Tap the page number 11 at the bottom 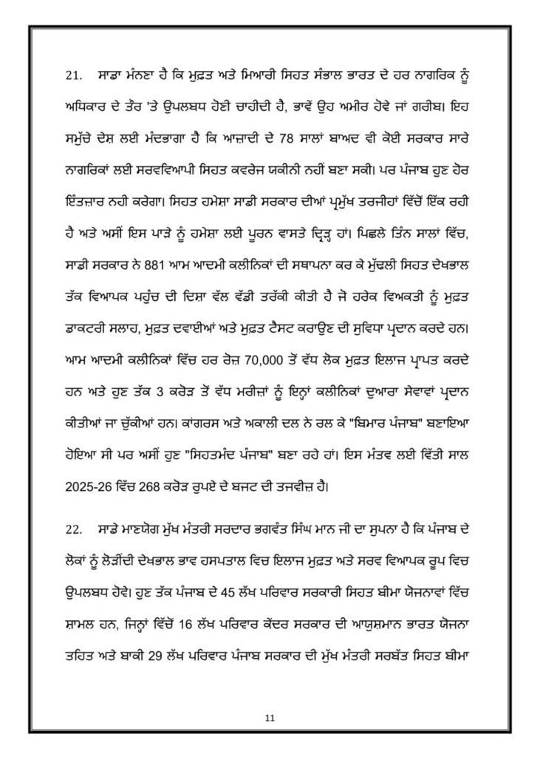270,716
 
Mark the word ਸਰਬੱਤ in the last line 423,634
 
